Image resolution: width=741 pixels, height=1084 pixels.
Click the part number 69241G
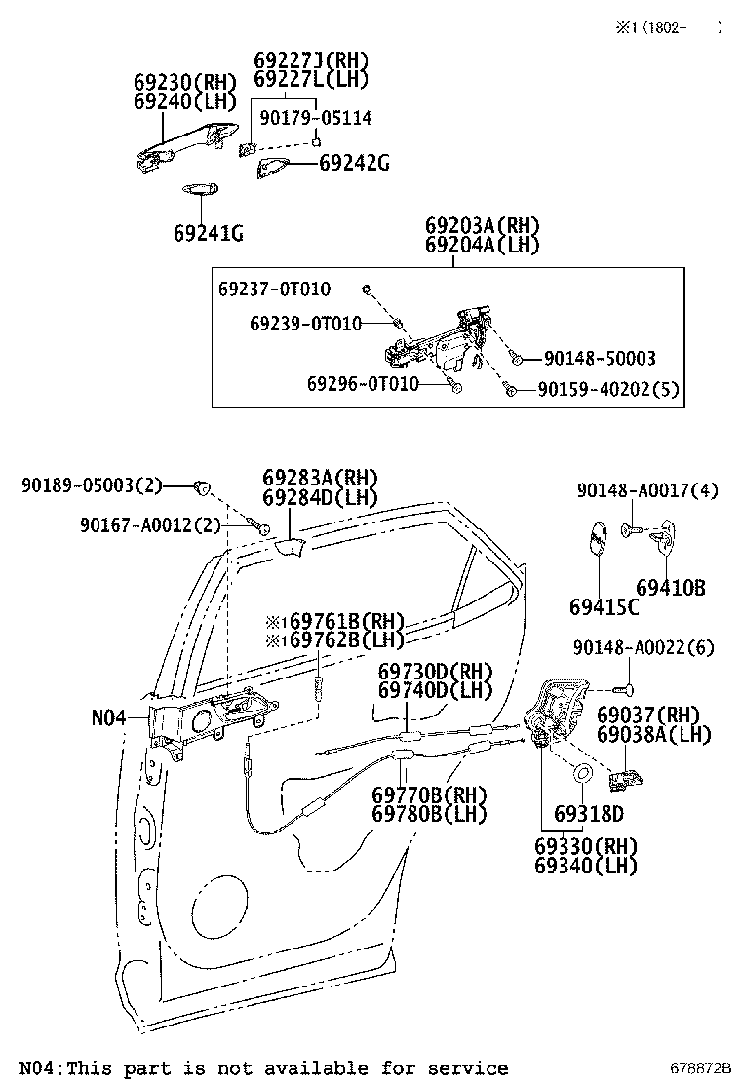click(208, 233)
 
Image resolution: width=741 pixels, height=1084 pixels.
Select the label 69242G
click(354, 164)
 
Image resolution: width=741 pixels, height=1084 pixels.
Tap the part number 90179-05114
click(316, 118)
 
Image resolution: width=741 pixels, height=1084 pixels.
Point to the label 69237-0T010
click(274, 289)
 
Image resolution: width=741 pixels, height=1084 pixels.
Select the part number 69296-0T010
click(363, 384)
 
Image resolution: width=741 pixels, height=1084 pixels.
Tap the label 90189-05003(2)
click(92, 484)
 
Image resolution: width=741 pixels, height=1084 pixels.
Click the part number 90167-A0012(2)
click(150, 525)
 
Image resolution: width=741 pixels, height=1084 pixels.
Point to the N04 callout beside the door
click(108, 717)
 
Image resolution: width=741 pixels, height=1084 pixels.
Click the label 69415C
click(604, 606)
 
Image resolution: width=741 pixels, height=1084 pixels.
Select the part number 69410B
click(671, 588)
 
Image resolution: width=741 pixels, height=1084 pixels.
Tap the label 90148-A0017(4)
click(647, 490)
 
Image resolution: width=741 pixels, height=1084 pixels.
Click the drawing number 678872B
click(699, 1069)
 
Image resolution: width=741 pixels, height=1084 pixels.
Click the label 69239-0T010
click(305, 323)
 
